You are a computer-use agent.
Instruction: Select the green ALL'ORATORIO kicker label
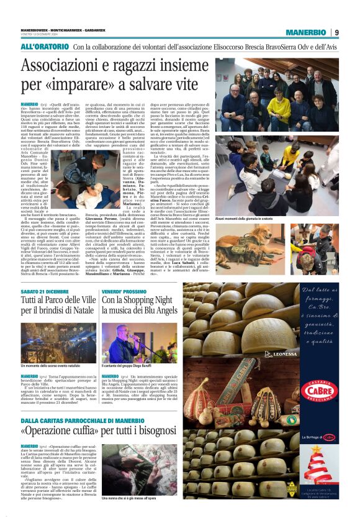45,47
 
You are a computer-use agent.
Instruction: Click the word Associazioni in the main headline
69,66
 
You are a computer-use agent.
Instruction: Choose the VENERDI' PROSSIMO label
124,291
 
